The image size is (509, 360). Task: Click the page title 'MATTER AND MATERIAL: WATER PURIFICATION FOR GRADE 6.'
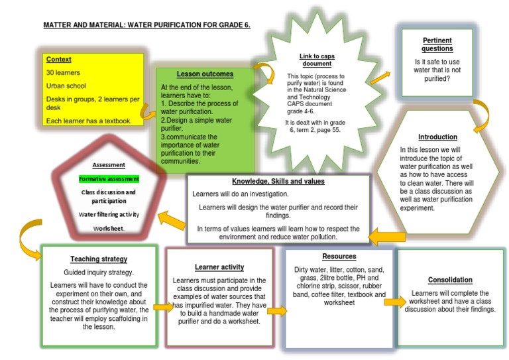click(146, 25)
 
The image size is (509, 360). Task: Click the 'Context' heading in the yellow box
click(58, 59)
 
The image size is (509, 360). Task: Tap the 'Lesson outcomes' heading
click(205, 74)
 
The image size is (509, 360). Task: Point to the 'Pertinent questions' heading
click(437, 44)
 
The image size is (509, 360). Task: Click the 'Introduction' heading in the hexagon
click(437, 137)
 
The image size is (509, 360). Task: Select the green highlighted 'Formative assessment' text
click(109, 178)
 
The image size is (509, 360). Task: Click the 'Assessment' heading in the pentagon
click(109, 164)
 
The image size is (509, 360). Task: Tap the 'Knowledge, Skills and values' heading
click(278, 181)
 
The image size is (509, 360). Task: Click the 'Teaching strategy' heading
click(99, 259)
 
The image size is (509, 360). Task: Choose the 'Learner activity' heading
click(219, 267)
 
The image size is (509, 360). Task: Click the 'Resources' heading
click(339, 256)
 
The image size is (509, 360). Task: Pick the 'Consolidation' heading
click(450, 280)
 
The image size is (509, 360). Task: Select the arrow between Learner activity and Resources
click(277, 310)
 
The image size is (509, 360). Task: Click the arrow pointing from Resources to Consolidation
click(394, 302)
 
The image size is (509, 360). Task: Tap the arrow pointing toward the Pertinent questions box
click(380, 78)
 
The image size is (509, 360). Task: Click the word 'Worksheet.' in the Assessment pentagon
click(109, 228)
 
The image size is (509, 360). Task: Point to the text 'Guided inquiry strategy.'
click(99, 272)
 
